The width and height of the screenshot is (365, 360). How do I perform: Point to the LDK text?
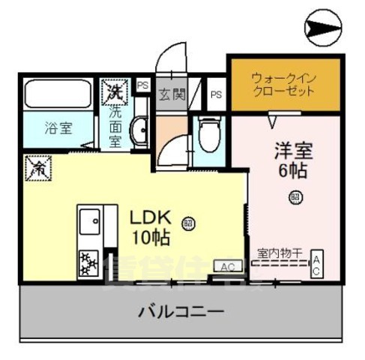click(152, 219)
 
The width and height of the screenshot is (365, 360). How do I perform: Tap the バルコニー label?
click(179, 310)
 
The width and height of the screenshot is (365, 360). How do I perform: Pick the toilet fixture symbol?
click(209, 136)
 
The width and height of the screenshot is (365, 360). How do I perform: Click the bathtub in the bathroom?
click(57, 94)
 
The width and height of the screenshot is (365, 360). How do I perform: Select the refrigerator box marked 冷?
click(34, 167)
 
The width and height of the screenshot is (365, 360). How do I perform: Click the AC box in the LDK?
click(228, 266)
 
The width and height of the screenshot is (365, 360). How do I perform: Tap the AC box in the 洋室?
click(317, 264)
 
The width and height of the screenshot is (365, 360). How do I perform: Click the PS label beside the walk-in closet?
click(216, 94)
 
